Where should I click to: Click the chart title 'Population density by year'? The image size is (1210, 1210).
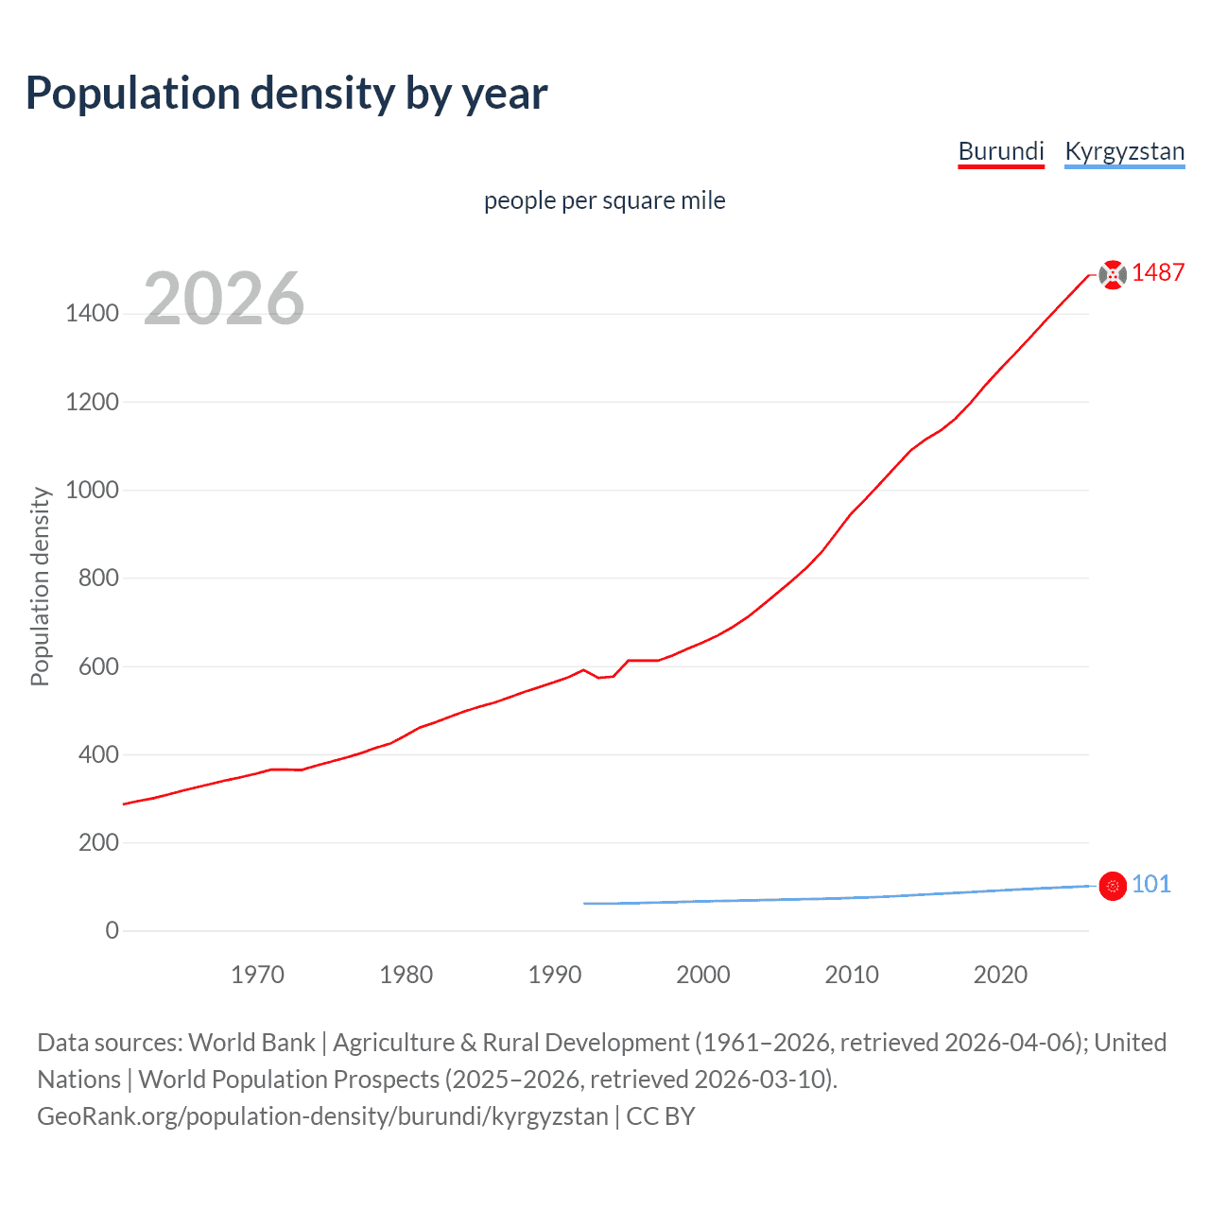click(x=286, y=94)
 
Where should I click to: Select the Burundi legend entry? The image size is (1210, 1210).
click(x=1001, y=151)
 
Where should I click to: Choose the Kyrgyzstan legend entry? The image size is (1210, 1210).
click(x=1124, y=151)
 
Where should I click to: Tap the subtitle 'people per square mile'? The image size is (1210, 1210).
click(x=604, y=200)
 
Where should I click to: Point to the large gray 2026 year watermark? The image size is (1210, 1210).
click(x=224, y=299)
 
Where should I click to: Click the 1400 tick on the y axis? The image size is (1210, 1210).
click(x=92, y=314)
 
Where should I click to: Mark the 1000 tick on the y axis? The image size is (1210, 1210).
click(x=92, y=490)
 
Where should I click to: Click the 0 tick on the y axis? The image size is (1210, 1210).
click(x=112, y=930)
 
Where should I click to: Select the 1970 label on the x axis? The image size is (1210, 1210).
click(x=257, y=975)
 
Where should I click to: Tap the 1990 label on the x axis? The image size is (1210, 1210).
click(x=555, y=975)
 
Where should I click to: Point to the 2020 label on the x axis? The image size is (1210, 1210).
click(x=1000, y=975)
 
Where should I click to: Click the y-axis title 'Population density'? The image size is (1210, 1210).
click(x=40, y=586)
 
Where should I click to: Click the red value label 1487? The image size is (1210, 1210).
click(x=1158, y=272)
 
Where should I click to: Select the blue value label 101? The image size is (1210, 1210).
click(x=1150, y=884)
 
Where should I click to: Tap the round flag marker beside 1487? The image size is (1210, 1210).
click(x=1113, y=274)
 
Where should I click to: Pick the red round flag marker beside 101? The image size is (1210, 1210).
click(x=1113, y=886)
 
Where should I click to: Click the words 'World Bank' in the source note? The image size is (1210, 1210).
click(x=251, y=1042)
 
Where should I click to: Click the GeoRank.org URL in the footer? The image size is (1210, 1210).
click(x=322, y=1115)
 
